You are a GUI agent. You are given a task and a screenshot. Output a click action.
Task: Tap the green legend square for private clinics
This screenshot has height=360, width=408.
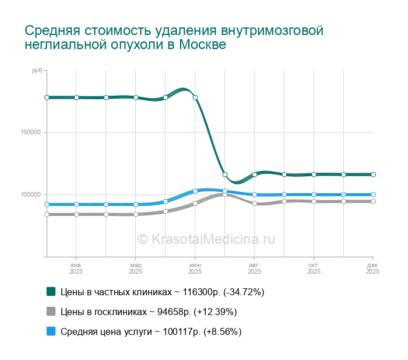click(x=51, y=291)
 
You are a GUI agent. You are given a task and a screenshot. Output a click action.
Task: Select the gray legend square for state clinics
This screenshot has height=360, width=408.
click(x=51, y=312)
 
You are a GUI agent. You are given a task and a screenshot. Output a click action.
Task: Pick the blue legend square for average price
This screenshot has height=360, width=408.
click(x=51, y=331)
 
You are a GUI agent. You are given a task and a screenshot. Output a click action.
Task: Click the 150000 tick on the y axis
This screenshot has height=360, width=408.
click(x=30, y=132)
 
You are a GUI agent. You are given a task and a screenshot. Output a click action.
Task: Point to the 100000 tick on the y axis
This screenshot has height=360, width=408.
click(x=30, y=195)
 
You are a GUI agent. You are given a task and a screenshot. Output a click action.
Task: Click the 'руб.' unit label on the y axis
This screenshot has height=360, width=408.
click(x=37, y=71)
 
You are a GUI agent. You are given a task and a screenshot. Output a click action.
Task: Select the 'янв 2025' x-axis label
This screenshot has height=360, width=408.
click(x=76, y=268)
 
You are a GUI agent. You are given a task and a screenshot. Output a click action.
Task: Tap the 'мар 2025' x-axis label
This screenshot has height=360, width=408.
click(x=136, y=268)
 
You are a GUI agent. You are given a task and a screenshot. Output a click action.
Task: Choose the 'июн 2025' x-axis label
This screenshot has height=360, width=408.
click(x=195, y=268)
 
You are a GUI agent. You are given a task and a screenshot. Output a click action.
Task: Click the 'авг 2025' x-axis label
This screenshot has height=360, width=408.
click(x=255, y=268)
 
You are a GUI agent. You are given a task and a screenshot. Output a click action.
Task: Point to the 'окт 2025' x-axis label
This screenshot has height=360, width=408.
click(x=314, y=268)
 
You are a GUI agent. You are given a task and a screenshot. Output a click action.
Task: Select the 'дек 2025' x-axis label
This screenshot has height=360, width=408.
click(x=372, y=268)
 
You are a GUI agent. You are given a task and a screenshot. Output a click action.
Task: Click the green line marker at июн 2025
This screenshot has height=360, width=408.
click(x=195, y=97)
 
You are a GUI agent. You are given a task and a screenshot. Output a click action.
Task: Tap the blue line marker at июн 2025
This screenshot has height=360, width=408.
click(x=195, y=191)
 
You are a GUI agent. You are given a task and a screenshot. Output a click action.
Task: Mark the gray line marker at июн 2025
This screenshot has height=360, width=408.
click(x=195, y=204)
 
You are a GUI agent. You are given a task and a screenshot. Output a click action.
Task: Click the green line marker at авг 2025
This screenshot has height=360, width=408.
click(x=255, y=174)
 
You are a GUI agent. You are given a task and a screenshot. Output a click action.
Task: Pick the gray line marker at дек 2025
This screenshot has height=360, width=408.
click(x=373, y=201)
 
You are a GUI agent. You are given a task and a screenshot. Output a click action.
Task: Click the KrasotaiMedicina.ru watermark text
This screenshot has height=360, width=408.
click(x=206, y=239)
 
